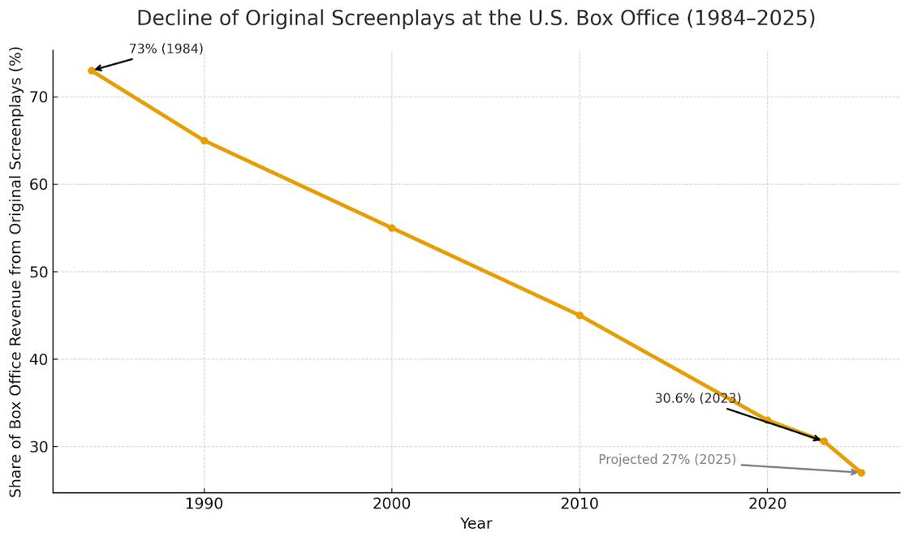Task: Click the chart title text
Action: [476, 19]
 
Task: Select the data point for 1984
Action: [92, 71]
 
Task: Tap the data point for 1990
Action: [204, 140]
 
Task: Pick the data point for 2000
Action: [391, 228]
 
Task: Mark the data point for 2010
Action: [579, 316]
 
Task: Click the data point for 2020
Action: [767, 420]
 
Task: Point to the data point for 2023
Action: [824, 441]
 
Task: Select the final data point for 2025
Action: [861, 472]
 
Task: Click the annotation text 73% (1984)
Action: [166, 49]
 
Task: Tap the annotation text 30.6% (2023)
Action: [697, 398]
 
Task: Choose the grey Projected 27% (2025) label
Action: [667, 460]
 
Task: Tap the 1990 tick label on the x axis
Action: [204, 503]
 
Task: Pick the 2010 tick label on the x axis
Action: [579, 503]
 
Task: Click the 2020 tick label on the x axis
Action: [767, 503]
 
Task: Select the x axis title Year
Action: [476, 524]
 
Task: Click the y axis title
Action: [16, 272]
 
